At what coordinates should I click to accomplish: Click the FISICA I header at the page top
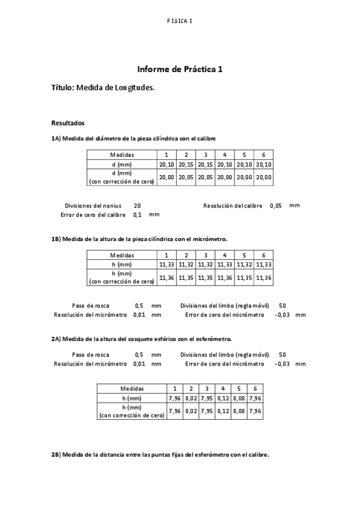coord(180,21)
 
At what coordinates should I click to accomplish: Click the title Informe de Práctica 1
coord(180,70)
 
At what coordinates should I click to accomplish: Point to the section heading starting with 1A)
coord(133,138)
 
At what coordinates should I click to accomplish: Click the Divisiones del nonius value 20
coord(138,206)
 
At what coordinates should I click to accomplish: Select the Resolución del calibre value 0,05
coord(276,206)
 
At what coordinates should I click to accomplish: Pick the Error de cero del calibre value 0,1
coord(138,215)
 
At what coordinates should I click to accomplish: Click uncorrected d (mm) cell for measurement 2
coord(186,164)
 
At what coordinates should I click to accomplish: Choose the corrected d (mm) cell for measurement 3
coord(206,177)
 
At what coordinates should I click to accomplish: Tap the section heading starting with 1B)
coord(139,239)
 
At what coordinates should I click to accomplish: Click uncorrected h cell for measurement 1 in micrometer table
coord(166,265)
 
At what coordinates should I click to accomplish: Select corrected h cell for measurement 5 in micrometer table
coord(244,278)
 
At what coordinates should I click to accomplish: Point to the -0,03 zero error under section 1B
coord(281,315)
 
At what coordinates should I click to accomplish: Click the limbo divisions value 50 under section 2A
coord(282,355)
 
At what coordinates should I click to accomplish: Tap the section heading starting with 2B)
coord(160,455)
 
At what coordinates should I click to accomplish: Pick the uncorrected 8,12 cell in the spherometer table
coord(222,398)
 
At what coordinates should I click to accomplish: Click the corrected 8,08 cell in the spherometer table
coord(239,411)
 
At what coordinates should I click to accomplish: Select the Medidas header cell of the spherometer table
coord(132,389)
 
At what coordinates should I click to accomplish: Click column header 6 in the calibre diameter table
coord(263,155)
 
